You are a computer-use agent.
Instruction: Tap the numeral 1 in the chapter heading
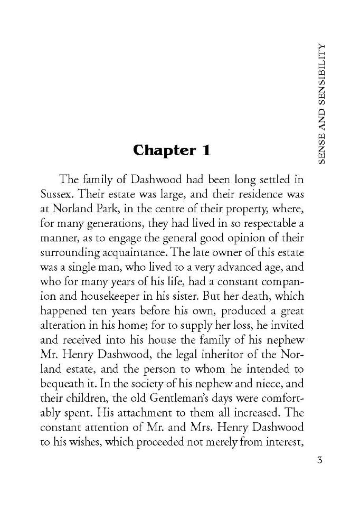click(206, 150)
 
